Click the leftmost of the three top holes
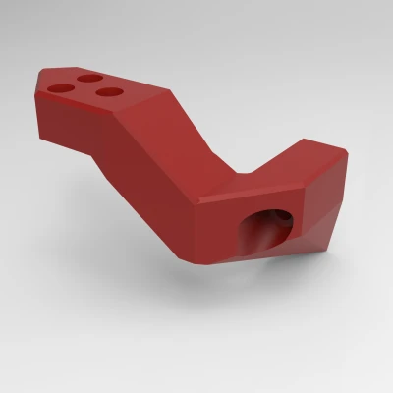tap(59, 87)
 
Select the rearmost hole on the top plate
tap(91, 78)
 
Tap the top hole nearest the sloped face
tap(110, 92)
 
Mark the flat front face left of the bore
tap(216, 231)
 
